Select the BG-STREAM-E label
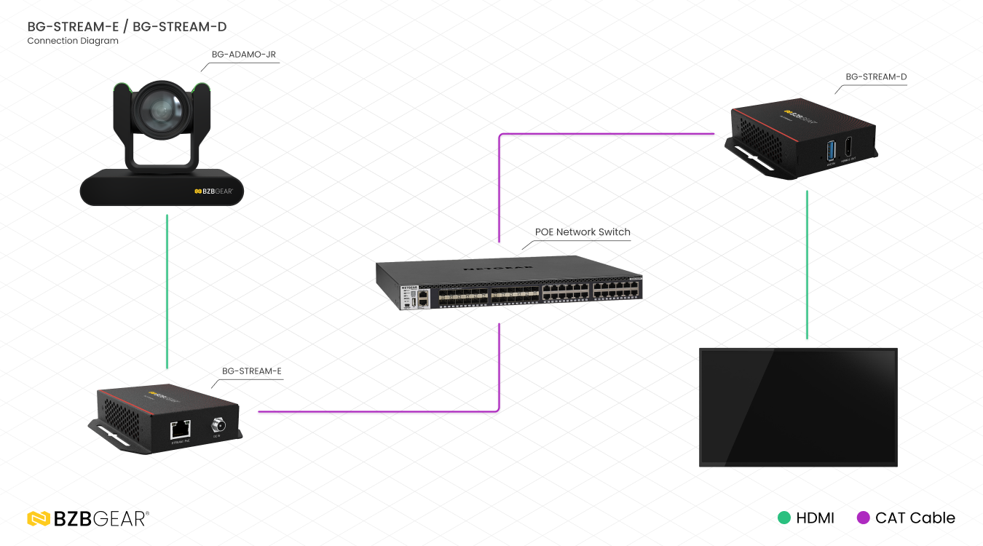tap(251, 371)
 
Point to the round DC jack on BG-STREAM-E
tap(217, 426)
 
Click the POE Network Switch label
tap(583, 232)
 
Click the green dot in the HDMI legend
tap(784, 518)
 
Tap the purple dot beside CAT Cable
tap(864, 518)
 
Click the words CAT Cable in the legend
tap(915, 518)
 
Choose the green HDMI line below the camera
tap(167, 291)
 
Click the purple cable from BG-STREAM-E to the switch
tap(379, 411)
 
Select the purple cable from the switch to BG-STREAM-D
tap(604, 134)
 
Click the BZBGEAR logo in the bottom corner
tap(88, 518)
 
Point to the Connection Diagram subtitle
tap(73, 41)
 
